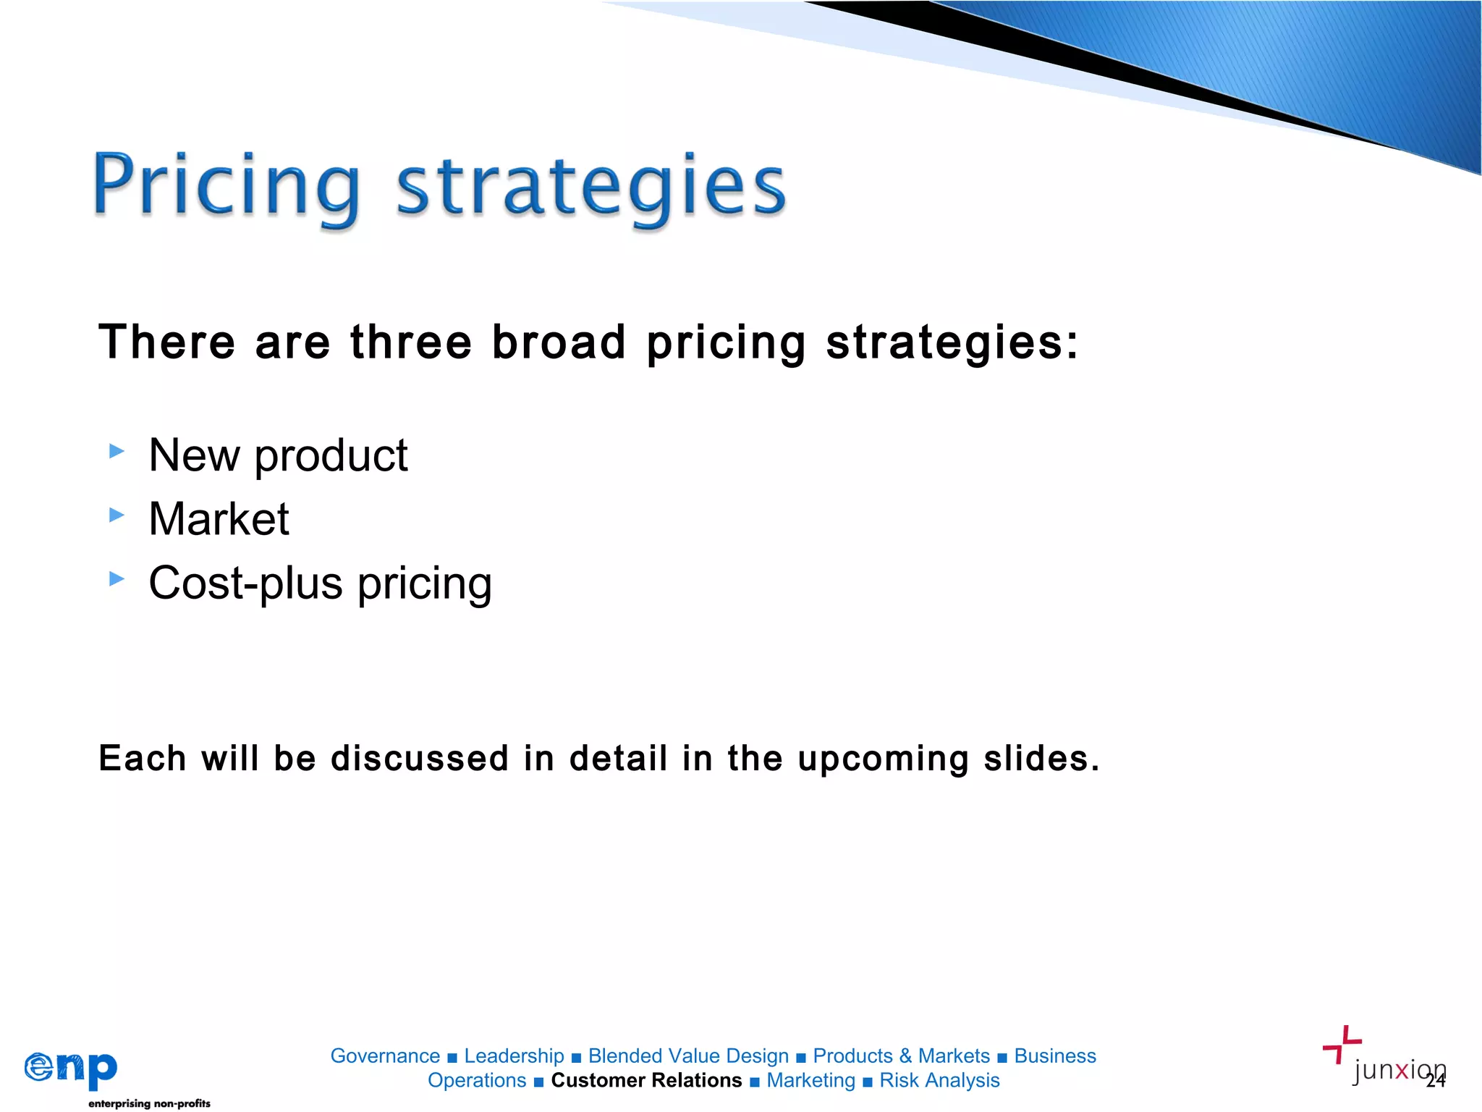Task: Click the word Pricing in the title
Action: pyautogui.click(x=226, y=187)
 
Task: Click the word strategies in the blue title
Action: pyautogui.click(x=590, y=187)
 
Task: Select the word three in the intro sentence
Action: pyautogui.click(x=410, y=342)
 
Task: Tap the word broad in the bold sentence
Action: pyautogui.click(x=559, y=342)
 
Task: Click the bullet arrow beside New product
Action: pyautogui.click(x=117, y=452)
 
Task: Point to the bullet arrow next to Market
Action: pyautogui.click(x=117, y=515)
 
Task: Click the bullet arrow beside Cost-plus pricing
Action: pyautogui.click(x=117, y=579)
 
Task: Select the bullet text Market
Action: pyautogui.click(x=219, y=519)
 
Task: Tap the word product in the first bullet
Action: pyautogui.click(x=331, y=456)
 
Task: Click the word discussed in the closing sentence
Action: pyautogui.click(x=420, y=759)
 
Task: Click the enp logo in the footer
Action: pyautogui.click(x=71, y=1069)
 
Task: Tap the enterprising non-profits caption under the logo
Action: pyautogui.click(x=149, y=1103)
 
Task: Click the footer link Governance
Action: pyautogui.click(x=385, y=1056)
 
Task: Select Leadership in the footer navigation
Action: pyautogui.click(x=514, y=1056)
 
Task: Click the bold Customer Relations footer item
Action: pyautogui.click(x=646, y=1080)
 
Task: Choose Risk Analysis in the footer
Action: pyautogui.click(x=939, y=1080)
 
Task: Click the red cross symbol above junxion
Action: pyautogui.click(x=1342, y=1043)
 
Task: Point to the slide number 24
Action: pyautogui.click(x=1436, y=1081)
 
